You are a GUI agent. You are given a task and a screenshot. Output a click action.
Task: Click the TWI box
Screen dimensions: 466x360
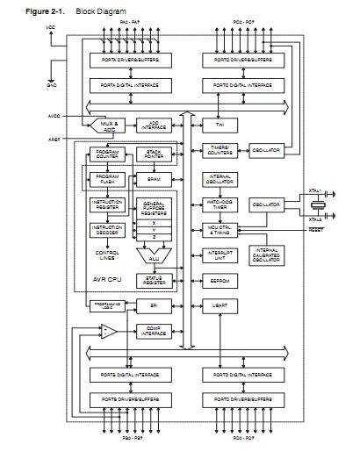tap(220, 125)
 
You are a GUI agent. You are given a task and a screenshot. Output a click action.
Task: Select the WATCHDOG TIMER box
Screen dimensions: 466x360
tap(220, 203)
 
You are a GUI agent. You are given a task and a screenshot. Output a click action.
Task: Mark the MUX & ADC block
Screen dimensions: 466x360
tap(108, 125)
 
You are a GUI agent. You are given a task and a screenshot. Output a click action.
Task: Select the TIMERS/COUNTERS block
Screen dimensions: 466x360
tap(220, 149)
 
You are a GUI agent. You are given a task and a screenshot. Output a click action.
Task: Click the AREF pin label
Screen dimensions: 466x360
tap(54, 138)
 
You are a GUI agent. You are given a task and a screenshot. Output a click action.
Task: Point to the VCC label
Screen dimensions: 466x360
tap(49, 27)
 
